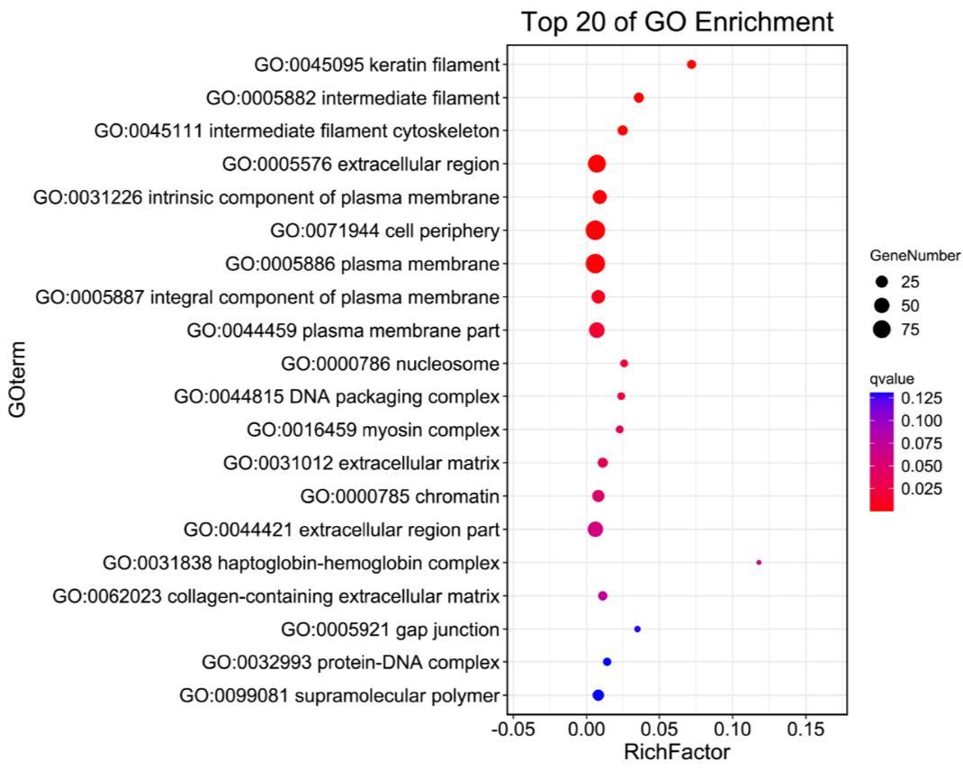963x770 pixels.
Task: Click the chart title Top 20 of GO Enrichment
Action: [x=678, y=22]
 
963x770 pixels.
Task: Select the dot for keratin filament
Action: [x=691, y=64]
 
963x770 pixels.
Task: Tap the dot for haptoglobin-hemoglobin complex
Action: [x=759, y=562]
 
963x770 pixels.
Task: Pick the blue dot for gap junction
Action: [x=637, y=629]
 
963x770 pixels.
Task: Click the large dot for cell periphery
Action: [x=595, y=231]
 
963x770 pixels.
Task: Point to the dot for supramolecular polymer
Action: [x=598, y=695]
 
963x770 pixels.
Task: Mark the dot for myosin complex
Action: [x=619, y=430]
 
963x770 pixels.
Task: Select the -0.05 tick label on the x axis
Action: [x=512, y=728]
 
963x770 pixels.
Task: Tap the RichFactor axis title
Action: [x=677, y=751]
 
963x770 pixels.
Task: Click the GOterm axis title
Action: [x=17, y=378]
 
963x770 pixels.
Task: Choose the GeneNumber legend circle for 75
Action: [x=881, y=329]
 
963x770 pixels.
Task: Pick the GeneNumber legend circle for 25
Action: [x=881, y=281]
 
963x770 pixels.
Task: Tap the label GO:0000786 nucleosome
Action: [x=390, y=364]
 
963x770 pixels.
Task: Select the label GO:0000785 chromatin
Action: [x=400, y=496]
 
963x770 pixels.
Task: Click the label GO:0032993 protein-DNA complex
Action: [x=351, y=663]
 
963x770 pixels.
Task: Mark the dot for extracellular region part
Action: [x=595, y=530]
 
